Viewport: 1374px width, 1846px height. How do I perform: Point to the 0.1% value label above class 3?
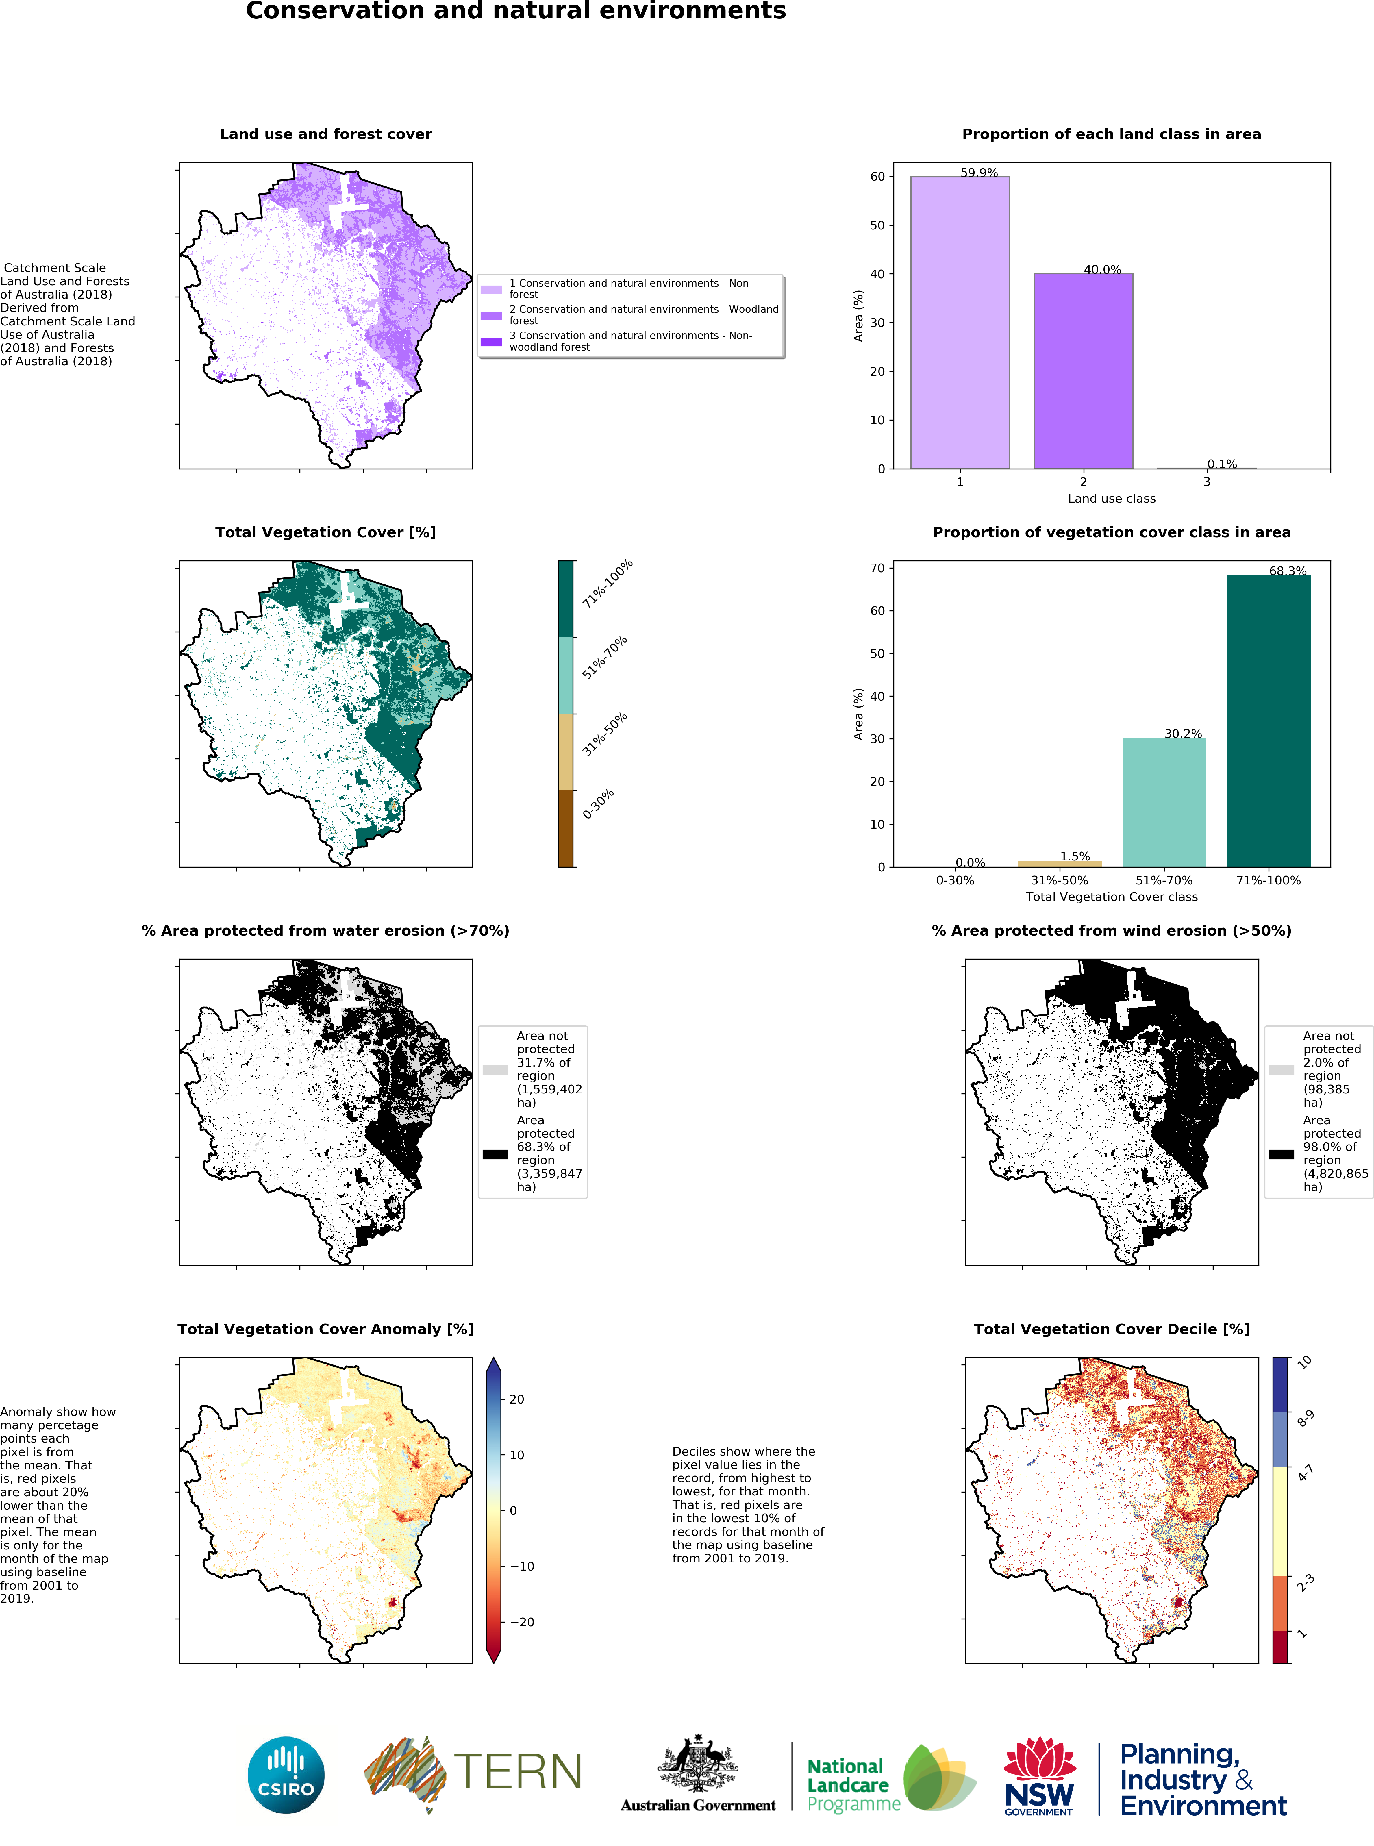(1222, 464)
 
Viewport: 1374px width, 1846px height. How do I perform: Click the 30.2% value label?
(1183, 734)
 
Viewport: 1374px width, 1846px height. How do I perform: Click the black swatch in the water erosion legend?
(495, 1154)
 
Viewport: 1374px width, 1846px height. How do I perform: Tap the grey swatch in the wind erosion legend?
(1281, 1070)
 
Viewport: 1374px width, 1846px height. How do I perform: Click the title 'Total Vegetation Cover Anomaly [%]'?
(325, 1329)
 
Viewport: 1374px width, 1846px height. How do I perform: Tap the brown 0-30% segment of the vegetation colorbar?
(566, 828)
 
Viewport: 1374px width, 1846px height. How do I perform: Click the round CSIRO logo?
(286, 1775)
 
